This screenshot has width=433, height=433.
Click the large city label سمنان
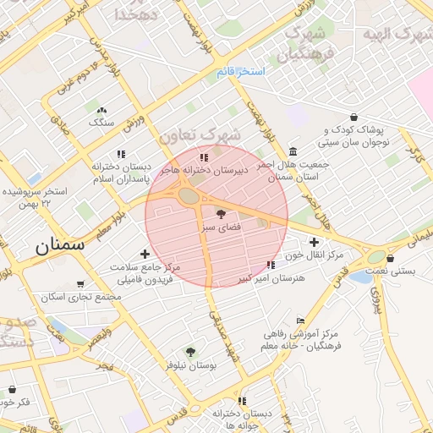(60, 247)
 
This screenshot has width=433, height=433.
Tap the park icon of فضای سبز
(222, 214)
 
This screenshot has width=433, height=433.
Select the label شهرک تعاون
(200, 135)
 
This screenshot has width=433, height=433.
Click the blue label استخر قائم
(241, 71)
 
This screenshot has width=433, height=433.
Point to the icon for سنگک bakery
(102, 110)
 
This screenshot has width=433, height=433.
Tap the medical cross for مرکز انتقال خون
(314, 241)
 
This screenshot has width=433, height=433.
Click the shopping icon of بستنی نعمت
(392, 258)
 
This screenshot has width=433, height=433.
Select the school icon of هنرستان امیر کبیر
(270, 266)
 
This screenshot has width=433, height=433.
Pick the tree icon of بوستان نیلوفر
(190, 351)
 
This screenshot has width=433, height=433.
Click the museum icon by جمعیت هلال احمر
(293, 151)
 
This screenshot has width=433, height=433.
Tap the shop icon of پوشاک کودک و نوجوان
(353, 117)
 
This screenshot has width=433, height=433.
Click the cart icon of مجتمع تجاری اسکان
(80, 284)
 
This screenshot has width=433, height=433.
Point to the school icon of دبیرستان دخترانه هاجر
(203, 156)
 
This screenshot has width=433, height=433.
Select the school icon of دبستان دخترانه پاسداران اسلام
(121, 154)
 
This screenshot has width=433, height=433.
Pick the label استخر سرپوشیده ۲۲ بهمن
(32, 198)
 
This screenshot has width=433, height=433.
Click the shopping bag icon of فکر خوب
(12, 389)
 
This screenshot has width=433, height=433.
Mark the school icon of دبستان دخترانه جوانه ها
(242, 401)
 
